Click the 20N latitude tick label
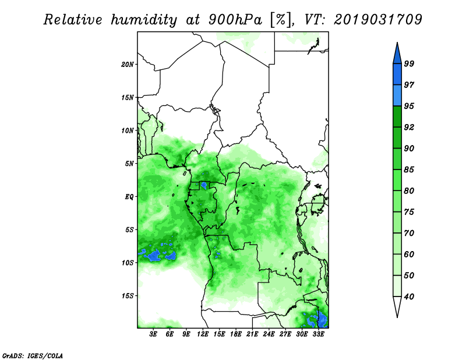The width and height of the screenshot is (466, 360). (x=128, y=65)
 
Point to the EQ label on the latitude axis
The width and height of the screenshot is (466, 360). (x=129, y=197)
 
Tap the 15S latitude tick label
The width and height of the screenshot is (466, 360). (x=128, y=296)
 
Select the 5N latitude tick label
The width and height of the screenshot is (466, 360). (x=129, y=164)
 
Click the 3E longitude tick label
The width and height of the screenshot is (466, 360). (x=153, y=334)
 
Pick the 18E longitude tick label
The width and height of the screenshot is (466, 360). (x=236, y=334)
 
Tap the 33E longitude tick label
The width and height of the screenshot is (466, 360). (x=318, y=334)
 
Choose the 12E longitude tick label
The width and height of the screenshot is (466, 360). (x=203, y=334)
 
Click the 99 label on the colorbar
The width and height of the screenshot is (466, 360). (x=409, y=63)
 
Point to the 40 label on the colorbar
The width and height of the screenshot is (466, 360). (x=409, y=297)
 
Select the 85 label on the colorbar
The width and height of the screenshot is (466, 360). (x=409, y=170)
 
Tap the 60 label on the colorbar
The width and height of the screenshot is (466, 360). (x=409, y=255)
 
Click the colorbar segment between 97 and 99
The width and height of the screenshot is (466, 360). (x=397, y=75)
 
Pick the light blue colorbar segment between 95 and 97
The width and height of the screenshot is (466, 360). (x=397, y=96)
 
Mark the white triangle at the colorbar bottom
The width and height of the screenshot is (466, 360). (x=397, y=306)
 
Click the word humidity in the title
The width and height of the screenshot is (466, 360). (x=144, y=20)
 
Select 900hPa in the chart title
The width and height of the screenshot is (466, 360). (x=235, y=20)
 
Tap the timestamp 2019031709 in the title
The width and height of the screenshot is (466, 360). (x=378, y=20)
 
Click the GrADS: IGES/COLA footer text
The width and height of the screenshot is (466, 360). (x=33, y=355)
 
